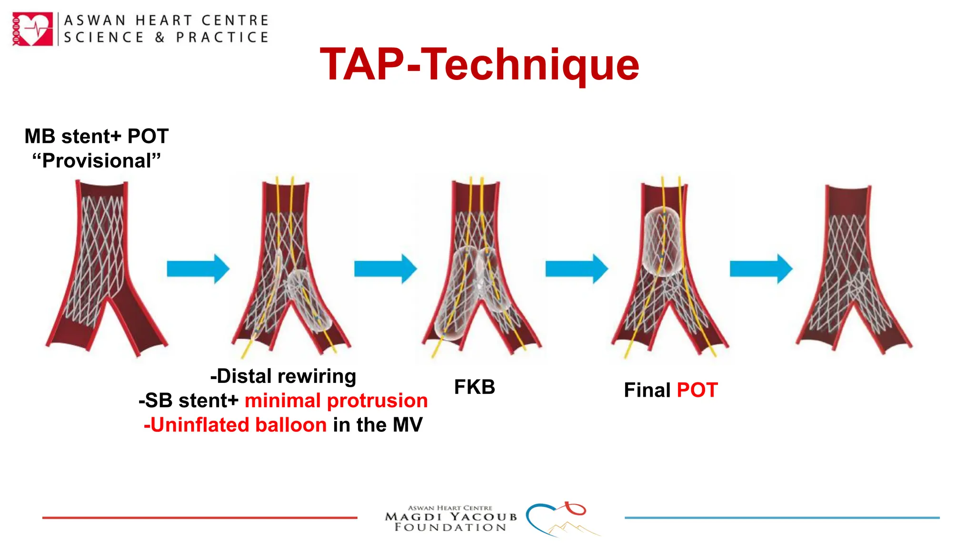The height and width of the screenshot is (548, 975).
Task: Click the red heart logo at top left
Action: (32, 29)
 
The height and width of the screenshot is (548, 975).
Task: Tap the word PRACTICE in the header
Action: (222, 37)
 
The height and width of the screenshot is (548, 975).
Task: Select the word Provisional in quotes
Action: (97, 161)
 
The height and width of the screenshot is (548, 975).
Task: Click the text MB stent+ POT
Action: (97, 137)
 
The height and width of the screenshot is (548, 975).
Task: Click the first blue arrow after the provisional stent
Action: (198, 269)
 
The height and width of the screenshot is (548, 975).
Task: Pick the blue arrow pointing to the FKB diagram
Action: (385, 269)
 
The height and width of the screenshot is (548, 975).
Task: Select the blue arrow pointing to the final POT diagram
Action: (576, 269)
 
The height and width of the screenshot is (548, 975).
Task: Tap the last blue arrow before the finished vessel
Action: (761, 269)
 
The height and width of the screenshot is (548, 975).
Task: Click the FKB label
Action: (474, 387)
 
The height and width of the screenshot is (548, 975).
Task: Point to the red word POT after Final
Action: (697, 390)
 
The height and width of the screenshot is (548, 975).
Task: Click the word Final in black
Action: (647, 390)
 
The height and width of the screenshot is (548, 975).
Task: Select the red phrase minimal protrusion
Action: (336, 401)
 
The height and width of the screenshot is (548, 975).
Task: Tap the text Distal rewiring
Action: (284, 376)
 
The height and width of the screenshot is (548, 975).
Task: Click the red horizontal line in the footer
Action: (199, 518)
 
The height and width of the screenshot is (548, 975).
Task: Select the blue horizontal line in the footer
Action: (782, 518)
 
